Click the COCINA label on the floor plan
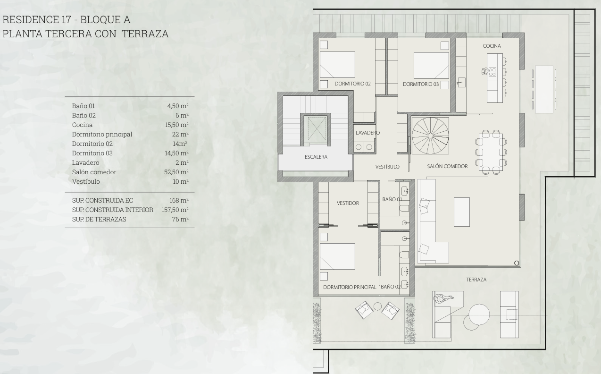tap(492, 46)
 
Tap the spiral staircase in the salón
tap(430, 136)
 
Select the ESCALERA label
tap(316, 157)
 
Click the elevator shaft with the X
tap(317, 128)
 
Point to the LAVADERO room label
tap(367, 133)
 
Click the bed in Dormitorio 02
tap(337, 65)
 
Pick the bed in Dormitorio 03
tap(431, 66)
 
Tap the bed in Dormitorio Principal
tap(337, 256)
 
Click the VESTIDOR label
tap(348, 203)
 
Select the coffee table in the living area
tap(462, 212)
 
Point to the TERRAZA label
tap(476, 280)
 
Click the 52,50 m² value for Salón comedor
tap(176, 172)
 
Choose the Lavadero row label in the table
tap(85, 163)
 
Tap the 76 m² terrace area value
tap(180, 220)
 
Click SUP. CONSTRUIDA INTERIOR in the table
tap(113, 210)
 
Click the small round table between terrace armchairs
tap(377, 306)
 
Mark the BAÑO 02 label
tap(391, 287)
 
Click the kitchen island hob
tap(492, 72)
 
